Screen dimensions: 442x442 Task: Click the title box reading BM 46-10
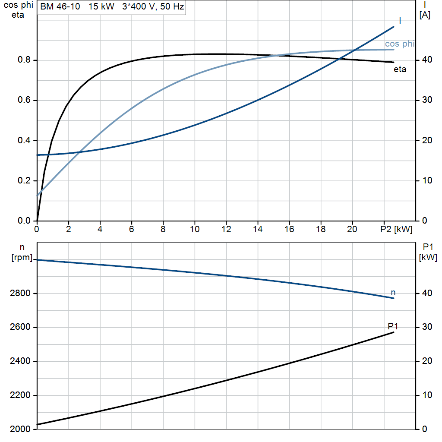click(112, 6)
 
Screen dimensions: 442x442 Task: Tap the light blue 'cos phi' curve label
click(400, 44)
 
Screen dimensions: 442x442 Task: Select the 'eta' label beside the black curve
click(400, 69)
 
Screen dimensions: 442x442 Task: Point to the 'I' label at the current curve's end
click(400, 21)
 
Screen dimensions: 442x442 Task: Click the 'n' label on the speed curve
click(393, 293)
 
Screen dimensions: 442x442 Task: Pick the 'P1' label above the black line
click(393, 326)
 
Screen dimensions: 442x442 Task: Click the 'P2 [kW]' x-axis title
click(396, 229)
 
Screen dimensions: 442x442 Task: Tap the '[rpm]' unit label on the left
click(22, 257)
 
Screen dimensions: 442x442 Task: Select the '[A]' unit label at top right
click(425, 15)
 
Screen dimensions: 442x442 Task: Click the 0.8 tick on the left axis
click(24, 60)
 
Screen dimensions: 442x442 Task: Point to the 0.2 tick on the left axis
click(24, 180)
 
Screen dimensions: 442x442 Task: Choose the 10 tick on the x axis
click(195, 229)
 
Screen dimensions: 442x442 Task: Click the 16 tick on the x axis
click(289, 229)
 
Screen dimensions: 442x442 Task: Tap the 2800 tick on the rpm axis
click(20, 293)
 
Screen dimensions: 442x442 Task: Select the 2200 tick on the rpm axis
click(20, 395)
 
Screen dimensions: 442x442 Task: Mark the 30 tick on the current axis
click(427, 100)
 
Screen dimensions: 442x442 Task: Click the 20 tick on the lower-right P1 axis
click(427, 361)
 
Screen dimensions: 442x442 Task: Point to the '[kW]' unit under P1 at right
click(428, 257)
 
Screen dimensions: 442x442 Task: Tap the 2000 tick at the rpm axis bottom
click(20, 429)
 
